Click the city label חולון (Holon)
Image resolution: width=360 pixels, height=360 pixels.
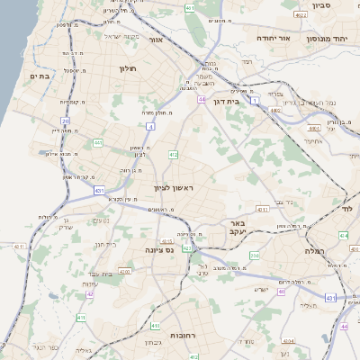[x=126, y=67]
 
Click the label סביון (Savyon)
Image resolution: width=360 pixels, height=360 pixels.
[x=322, y=5]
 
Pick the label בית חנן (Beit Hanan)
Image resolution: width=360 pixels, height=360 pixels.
[x=105, y=244]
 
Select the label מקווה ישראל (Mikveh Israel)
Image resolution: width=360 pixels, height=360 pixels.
[x=124, y=36]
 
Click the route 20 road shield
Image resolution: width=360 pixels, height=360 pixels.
[x=66, y=121]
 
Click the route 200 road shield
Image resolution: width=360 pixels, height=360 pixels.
[x=255, y=257]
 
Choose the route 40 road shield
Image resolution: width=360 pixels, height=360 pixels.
[x=282, y=292]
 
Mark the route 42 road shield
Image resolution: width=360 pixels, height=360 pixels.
[x=90, y=293]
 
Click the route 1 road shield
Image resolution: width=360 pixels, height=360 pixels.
[x=255, y=102]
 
